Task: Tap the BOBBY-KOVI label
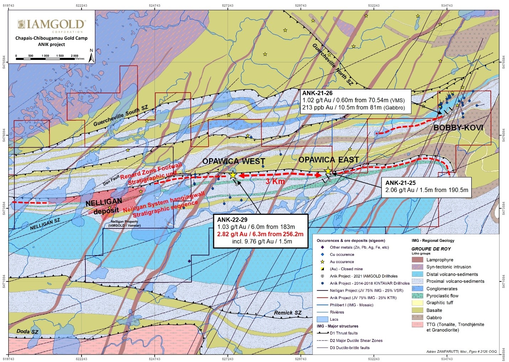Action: pos(458,128)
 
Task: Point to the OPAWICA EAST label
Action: pos(328,160)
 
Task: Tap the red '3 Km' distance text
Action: pos(276,181)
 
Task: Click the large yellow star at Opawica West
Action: pos(232,175)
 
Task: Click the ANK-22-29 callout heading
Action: pos(232,220)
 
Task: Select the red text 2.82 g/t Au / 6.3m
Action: pos(260,234)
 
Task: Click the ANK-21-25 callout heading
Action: pos(400,183)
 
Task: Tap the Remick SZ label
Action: pos(288,313)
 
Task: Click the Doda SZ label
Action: pos(27,332)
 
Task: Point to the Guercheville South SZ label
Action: pos(120,116)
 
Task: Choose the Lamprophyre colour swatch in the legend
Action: pos(417,260)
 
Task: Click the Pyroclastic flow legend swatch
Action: pos(417,296)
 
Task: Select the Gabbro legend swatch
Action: pos(417,317)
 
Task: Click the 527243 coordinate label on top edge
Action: pos(227,5)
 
